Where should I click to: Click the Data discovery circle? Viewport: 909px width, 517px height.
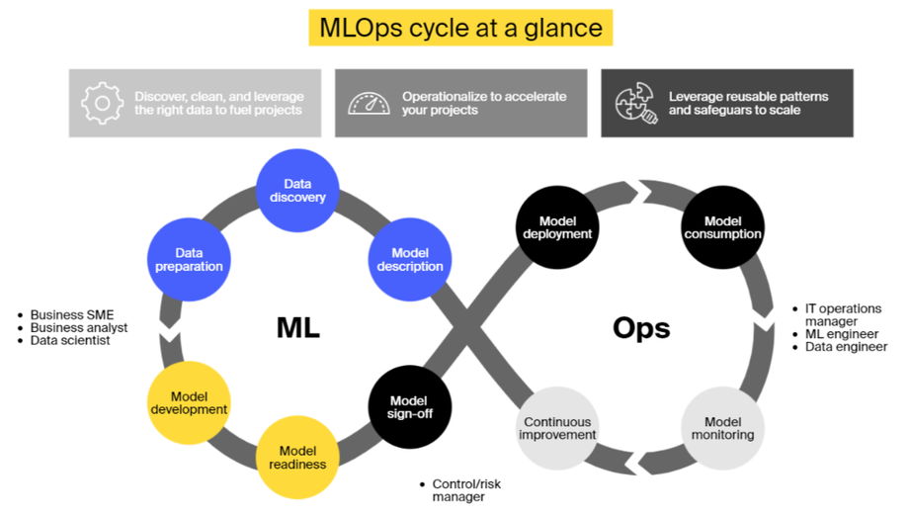pos(297,191)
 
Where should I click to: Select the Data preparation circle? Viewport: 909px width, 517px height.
pos(189,259)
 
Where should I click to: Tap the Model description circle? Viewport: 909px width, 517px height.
pos(410,259)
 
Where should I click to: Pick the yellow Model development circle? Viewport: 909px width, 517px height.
pos(189,402)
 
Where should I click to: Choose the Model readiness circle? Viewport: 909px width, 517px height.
pos(297,458)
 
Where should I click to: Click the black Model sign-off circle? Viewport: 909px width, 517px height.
pos(410,406)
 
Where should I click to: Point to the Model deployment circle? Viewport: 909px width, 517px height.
pos(557,227)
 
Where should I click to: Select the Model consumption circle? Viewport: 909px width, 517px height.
pos(722,227)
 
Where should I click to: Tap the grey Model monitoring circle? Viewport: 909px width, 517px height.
pos(722,428)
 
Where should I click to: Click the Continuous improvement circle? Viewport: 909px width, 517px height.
pos(557,428)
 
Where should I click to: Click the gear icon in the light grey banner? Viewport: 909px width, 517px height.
pos(103,103)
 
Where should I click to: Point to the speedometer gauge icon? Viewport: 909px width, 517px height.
pos(369,103)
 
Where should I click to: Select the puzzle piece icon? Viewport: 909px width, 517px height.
pos(636,103)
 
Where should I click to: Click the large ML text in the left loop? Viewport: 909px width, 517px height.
pos(298,328)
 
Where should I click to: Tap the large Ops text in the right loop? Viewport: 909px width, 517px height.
pos(641,328)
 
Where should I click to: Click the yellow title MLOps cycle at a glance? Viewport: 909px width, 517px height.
pos(460,28)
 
